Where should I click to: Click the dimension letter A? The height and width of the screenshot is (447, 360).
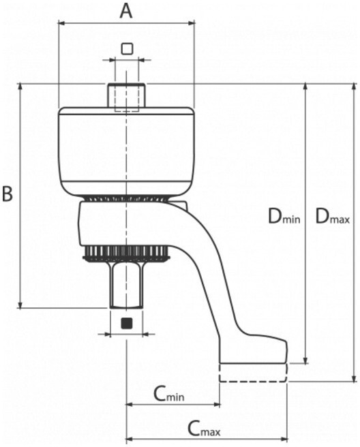pos(126,12)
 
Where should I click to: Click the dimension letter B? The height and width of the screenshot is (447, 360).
pos(7,194)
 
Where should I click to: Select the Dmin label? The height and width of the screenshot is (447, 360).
pos(284,217)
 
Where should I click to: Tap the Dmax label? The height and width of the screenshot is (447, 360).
pos(332,217)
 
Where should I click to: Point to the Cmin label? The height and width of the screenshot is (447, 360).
pos(169,394)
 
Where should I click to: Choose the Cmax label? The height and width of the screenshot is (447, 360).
pos(204,429)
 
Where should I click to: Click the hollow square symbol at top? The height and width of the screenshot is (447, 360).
pos(127,49)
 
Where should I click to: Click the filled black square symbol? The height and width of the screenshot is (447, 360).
pos(127,323)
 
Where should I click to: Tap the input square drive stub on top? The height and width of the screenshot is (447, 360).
pos(127,95)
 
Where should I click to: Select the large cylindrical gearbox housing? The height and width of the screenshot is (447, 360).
pos(127,153)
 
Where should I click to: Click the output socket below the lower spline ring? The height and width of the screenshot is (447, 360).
pos(126,285)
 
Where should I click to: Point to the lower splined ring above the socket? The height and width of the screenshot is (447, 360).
pos(126,253)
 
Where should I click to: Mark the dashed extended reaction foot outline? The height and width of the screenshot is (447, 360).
pos(253,373)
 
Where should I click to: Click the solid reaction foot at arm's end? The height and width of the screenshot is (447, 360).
pos(254,350)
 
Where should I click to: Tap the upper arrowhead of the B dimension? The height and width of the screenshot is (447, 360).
pos(20,87)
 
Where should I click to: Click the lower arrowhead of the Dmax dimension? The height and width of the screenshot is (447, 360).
pos(355,378)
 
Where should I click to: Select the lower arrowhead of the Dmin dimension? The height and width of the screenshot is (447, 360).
pos(305,360)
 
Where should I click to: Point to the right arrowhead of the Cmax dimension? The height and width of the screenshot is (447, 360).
pos(284,438)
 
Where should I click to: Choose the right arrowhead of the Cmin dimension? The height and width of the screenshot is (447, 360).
pos(217,404)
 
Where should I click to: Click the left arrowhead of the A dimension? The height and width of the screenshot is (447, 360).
pos(62,22)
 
